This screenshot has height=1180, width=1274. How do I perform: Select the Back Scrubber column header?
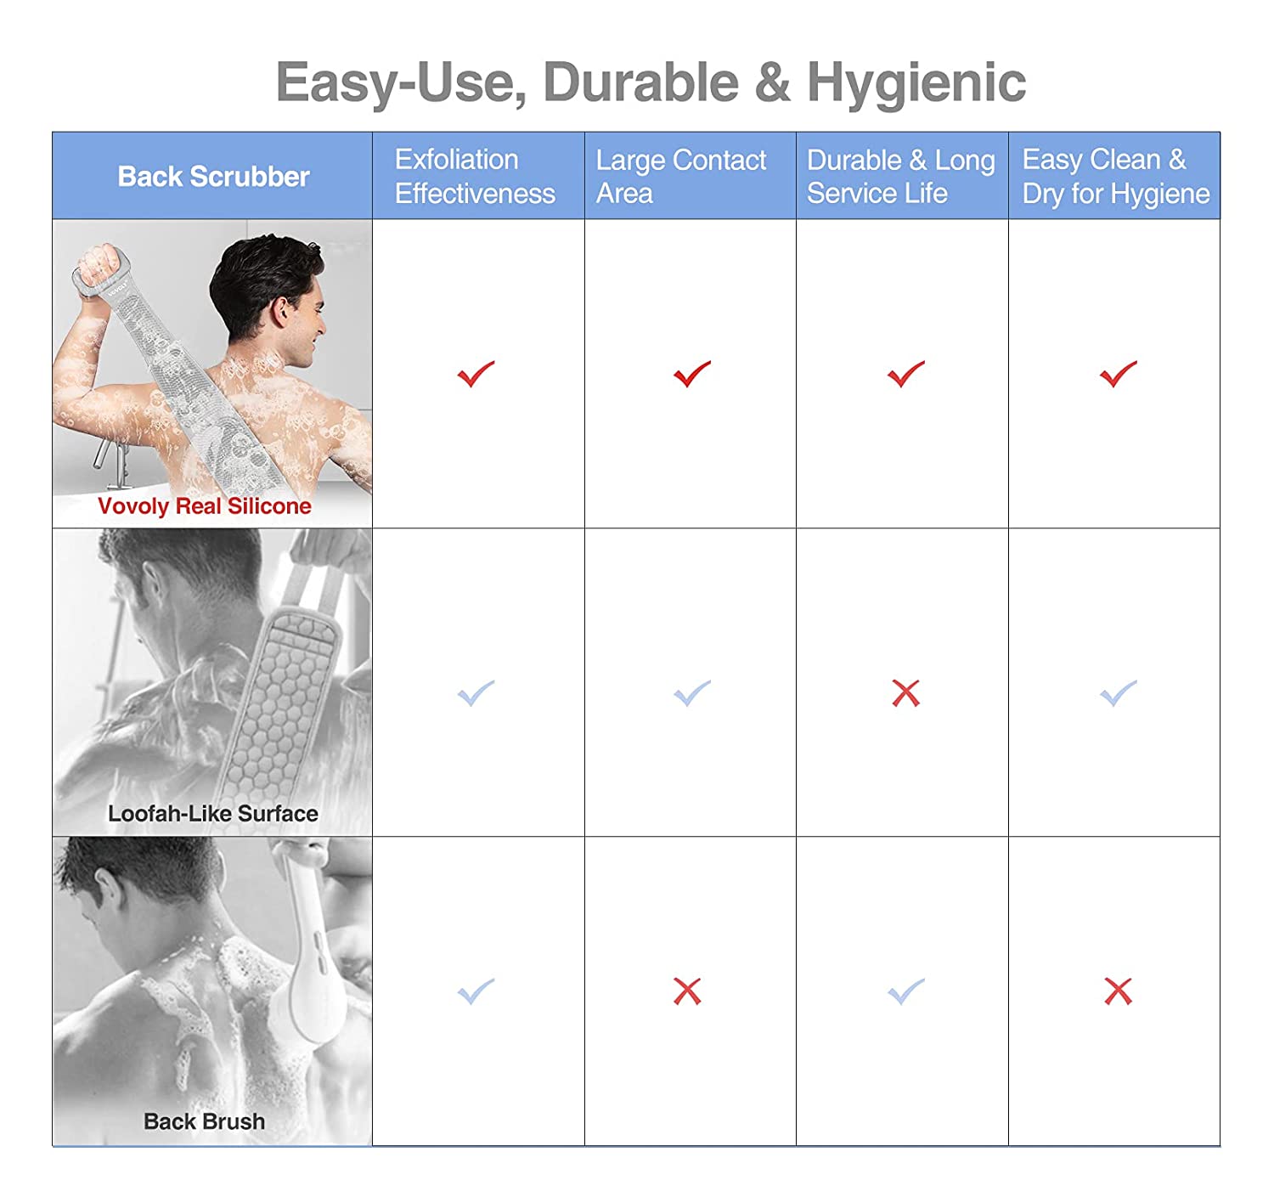tap(214, 177)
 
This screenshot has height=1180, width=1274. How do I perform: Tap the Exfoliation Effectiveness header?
tap(475, 177)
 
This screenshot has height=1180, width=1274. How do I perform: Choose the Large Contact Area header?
tap(680, 177)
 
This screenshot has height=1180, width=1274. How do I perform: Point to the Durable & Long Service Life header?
tap(900, 177)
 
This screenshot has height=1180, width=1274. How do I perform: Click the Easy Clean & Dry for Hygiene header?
tap(1115, 177)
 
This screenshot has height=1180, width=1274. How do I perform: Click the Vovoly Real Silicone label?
tap(204, 505)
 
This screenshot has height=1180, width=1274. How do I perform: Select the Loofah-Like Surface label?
tap(213, 813)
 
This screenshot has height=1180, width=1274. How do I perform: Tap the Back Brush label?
tap(204, 1121)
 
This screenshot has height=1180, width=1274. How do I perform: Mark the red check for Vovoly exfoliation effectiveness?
tap(476, 374)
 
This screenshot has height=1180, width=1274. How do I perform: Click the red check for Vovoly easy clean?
tap(1118, 374)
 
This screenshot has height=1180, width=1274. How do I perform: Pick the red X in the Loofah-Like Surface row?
tap(905, 693)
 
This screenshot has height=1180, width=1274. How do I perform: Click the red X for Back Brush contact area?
tap(687, 991)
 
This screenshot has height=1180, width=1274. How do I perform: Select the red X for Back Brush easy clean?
tap(1118, 991)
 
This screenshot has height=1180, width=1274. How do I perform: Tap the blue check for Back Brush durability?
tap(905, 992)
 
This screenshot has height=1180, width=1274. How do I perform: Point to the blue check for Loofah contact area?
tap(692, 693)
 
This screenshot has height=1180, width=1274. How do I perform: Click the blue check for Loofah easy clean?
tap(1118, 693)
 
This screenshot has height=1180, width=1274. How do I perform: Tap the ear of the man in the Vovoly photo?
tap(280, 312)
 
